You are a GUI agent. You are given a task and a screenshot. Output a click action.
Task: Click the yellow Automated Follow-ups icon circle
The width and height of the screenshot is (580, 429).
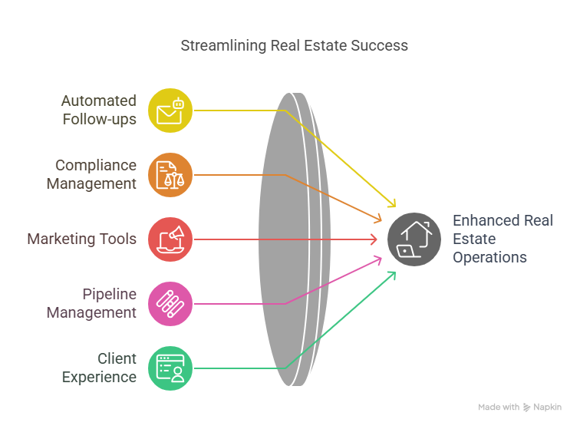point(170,111)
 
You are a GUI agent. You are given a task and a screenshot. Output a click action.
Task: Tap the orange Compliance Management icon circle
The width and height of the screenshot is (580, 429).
point(170,175)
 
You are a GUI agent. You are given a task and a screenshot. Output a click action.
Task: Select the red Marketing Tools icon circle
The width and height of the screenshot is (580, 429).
point(170,239)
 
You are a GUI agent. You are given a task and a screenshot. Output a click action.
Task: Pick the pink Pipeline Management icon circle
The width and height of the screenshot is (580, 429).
point(170,304)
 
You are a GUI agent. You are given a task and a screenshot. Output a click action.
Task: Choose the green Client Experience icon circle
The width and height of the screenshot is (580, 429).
point(170,368)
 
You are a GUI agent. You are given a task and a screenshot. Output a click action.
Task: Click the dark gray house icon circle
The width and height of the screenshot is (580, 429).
point(414,239)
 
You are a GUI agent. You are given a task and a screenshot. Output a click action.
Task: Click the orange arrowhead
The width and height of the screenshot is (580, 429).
point(378,219)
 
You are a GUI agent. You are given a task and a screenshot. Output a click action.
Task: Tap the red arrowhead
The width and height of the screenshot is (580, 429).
point(374,239)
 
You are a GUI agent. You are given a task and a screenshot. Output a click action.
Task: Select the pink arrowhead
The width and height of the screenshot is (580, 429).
point(378,260)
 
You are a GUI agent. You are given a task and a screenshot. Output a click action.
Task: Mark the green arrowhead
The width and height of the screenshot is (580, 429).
point(392,276)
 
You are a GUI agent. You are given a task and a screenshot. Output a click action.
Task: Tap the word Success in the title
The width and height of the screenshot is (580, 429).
point(379,45)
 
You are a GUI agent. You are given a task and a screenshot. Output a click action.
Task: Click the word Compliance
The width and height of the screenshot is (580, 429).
point(96,166)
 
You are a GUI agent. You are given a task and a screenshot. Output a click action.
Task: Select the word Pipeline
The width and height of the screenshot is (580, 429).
point(110,295)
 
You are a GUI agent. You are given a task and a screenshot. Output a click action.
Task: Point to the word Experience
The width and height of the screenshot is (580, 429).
point(99,378)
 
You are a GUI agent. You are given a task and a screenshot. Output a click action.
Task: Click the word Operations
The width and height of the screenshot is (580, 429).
point(489,258)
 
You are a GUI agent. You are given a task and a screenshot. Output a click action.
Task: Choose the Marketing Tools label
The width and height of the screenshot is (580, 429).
point(82,239)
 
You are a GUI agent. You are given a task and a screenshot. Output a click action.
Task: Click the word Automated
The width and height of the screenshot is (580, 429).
point(99,101)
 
